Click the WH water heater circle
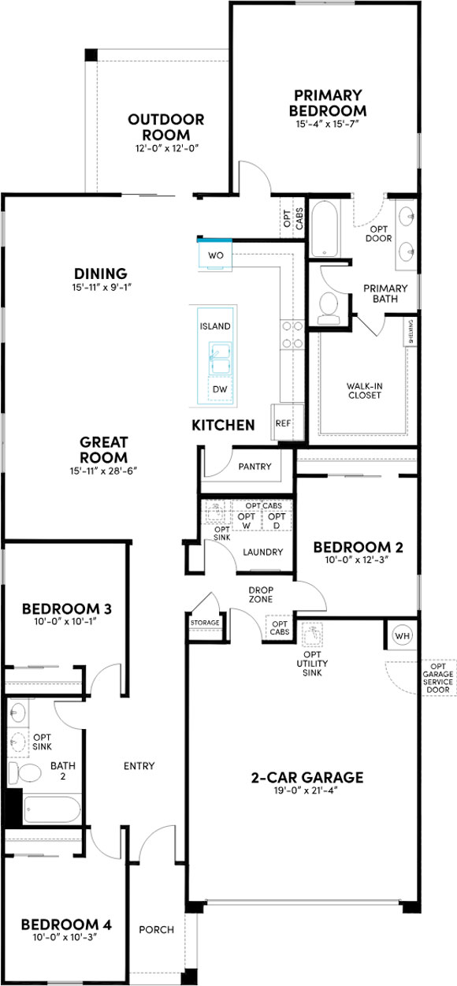coord(402,635)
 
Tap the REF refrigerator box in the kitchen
coord(287,422)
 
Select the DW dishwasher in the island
coord(220,389)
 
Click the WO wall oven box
coord(215,255)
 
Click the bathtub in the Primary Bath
coord(325,229)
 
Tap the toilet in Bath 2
coord(24,772)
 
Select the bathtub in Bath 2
coord(52,809)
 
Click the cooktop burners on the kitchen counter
coord(292,334)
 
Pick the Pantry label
coord(255,466)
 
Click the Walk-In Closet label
coord(365,390)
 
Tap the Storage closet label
coord(205,623)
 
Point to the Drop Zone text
coord(261,594)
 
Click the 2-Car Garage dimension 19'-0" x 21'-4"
coord(307,790)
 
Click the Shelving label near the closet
coord(411,332)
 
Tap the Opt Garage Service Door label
coord(438,679)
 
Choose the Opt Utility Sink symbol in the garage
coord(312,634)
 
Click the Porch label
coord(157,930)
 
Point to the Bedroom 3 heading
coord(66,608)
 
